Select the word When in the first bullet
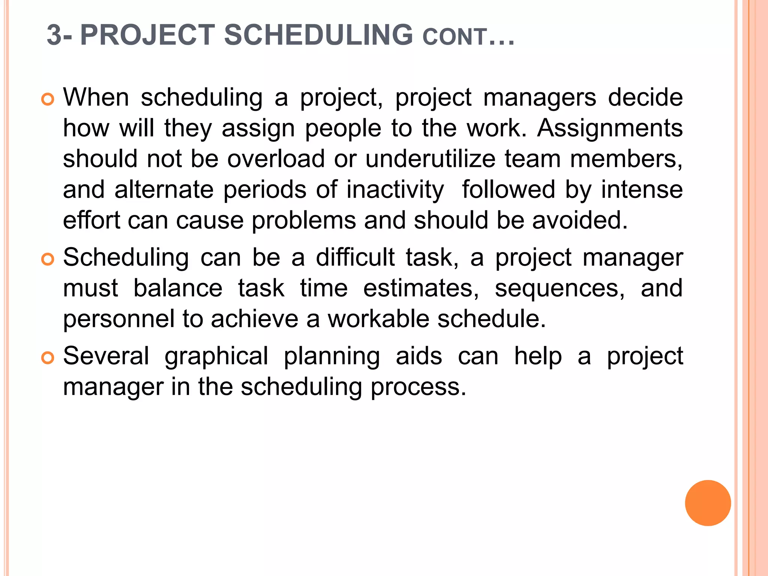coord(96,97)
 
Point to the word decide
coord(645,97)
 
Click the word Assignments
coord(610,128)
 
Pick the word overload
coord(276,159)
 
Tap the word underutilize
coord(430,159)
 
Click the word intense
coord(642,189)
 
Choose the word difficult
coord(355,258)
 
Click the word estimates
coord(421,288)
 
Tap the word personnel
coord(119,319)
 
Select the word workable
coord(378,319)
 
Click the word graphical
coord(216,356)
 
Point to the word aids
coord(419,356)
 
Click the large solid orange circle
coord(708,503)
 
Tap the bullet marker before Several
coord(48,358)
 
